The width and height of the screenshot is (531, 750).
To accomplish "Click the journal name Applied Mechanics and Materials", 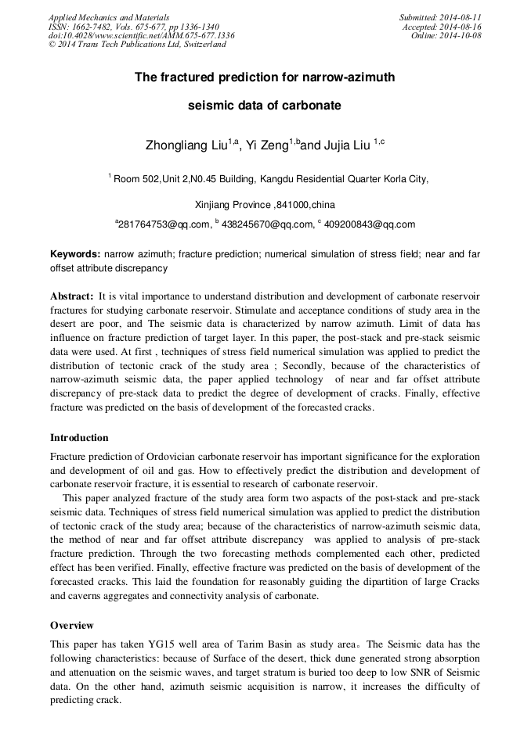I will [109, 17].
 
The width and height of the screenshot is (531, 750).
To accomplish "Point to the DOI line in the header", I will [141, 36].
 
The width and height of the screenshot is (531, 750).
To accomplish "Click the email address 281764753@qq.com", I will [164, 224].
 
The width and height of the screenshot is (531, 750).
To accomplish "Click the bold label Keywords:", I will [75, 255].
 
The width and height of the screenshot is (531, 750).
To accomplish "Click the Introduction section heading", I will [79, 438].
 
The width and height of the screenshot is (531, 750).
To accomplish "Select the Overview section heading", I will [72, 626].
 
